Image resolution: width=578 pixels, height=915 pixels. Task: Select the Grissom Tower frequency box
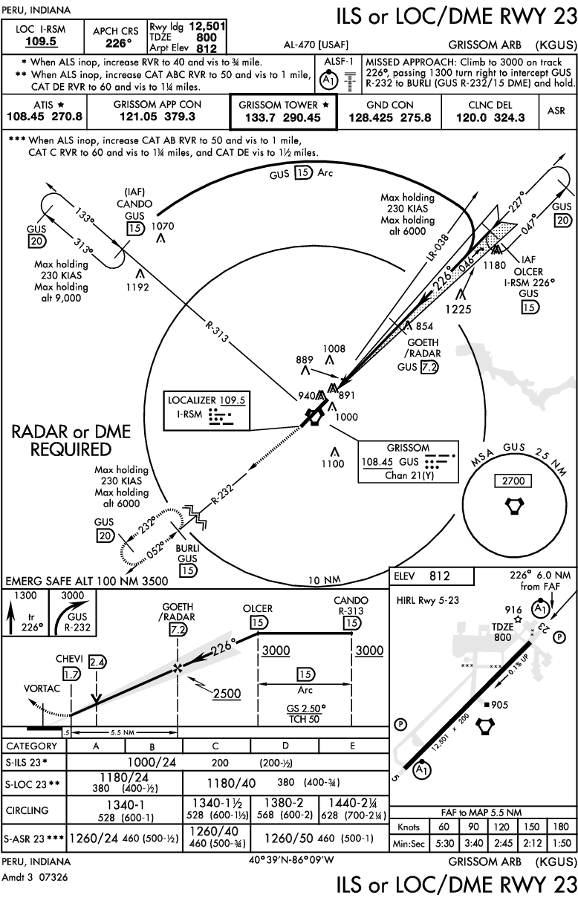pos(283,111)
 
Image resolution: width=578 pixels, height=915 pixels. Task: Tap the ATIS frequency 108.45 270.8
pos(45,117)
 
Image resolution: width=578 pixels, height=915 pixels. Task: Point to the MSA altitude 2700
pos(513,481)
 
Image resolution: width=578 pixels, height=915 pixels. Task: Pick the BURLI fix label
pos(186,548)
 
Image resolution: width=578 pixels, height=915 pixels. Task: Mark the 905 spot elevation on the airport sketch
pos(494,706)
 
